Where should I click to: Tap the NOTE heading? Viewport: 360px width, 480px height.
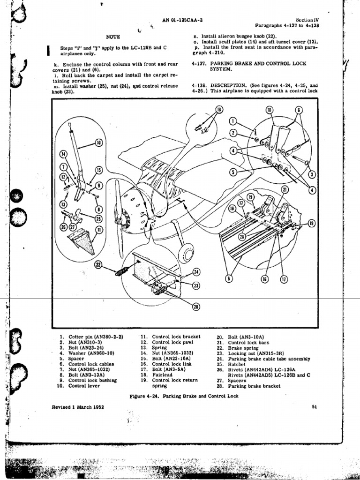113,37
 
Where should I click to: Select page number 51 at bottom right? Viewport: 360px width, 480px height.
315,407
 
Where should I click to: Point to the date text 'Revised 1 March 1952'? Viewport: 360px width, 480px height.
78,407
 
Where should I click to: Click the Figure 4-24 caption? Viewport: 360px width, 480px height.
184,396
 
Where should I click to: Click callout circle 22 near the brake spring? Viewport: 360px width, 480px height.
98,265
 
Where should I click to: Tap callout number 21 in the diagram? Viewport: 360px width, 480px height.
285,189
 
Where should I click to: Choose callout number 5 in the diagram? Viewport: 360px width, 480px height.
233,171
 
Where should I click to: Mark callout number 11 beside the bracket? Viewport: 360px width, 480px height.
98,229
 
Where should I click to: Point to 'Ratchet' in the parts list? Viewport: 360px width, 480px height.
236,364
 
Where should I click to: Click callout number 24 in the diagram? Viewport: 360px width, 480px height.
196,271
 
